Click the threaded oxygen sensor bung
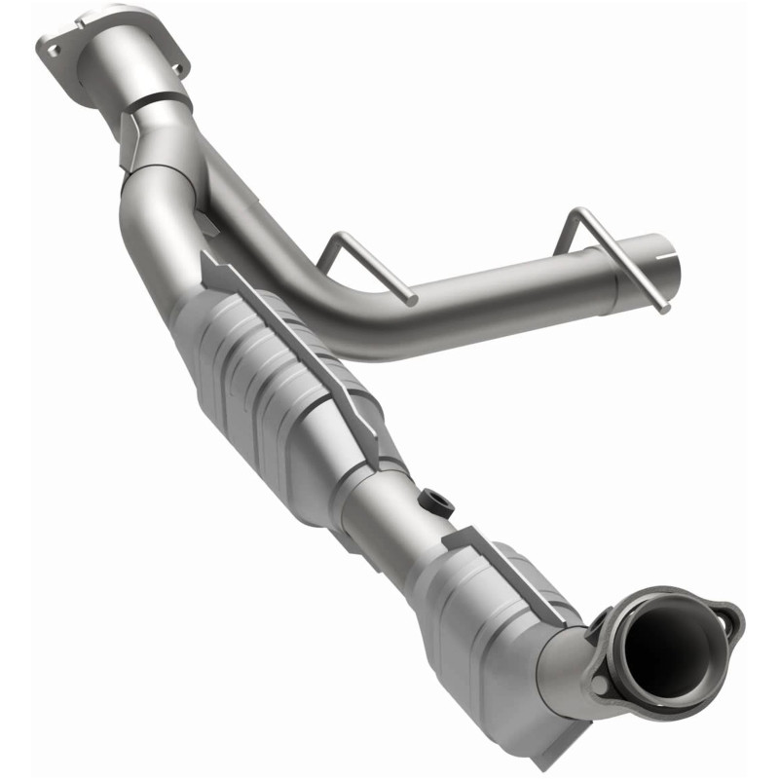click(x=436, y=503)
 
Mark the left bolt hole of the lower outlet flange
click(x=602, y=685)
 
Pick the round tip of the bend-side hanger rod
click(x=413, y=299)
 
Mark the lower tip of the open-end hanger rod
click(x=666, y=309)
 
